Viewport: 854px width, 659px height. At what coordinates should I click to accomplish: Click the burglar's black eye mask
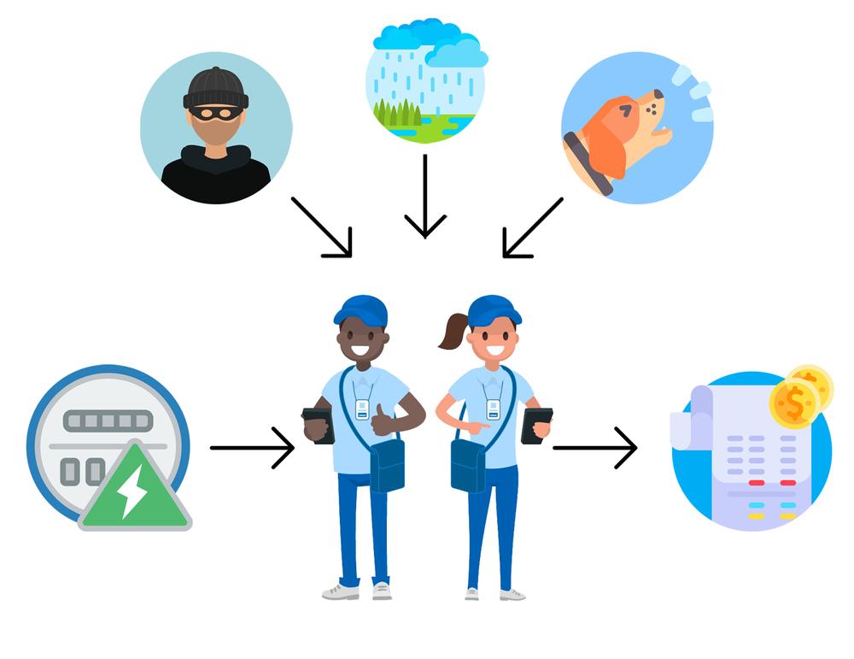click(215, 112)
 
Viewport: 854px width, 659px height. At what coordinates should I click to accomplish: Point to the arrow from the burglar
click(323, 227)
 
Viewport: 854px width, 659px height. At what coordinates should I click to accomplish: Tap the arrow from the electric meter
click(252, 447)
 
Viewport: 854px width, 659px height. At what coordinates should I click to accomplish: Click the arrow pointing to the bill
click(595, 447)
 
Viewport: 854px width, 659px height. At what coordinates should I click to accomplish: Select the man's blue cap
click(360, 309)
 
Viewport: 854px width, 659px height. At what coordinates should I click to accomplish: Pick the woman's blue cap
click(494, 309)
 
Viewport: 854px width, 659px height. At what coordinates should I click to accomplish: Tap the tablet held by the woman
click(536, 425)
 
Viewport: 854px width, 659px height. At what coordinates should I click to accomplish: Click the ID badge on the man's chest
click(362, 409)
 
